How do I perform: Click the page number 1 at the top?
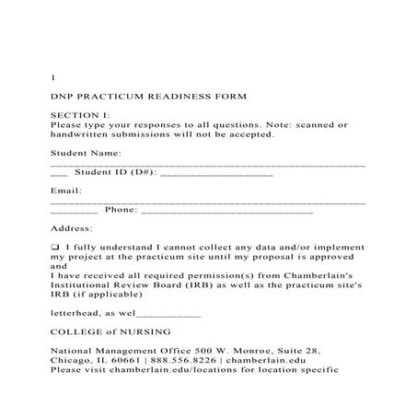pos(52,76)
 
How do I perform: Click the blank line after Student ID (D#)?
pos(216,172)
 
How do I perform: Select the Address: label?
pos(71,228)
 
